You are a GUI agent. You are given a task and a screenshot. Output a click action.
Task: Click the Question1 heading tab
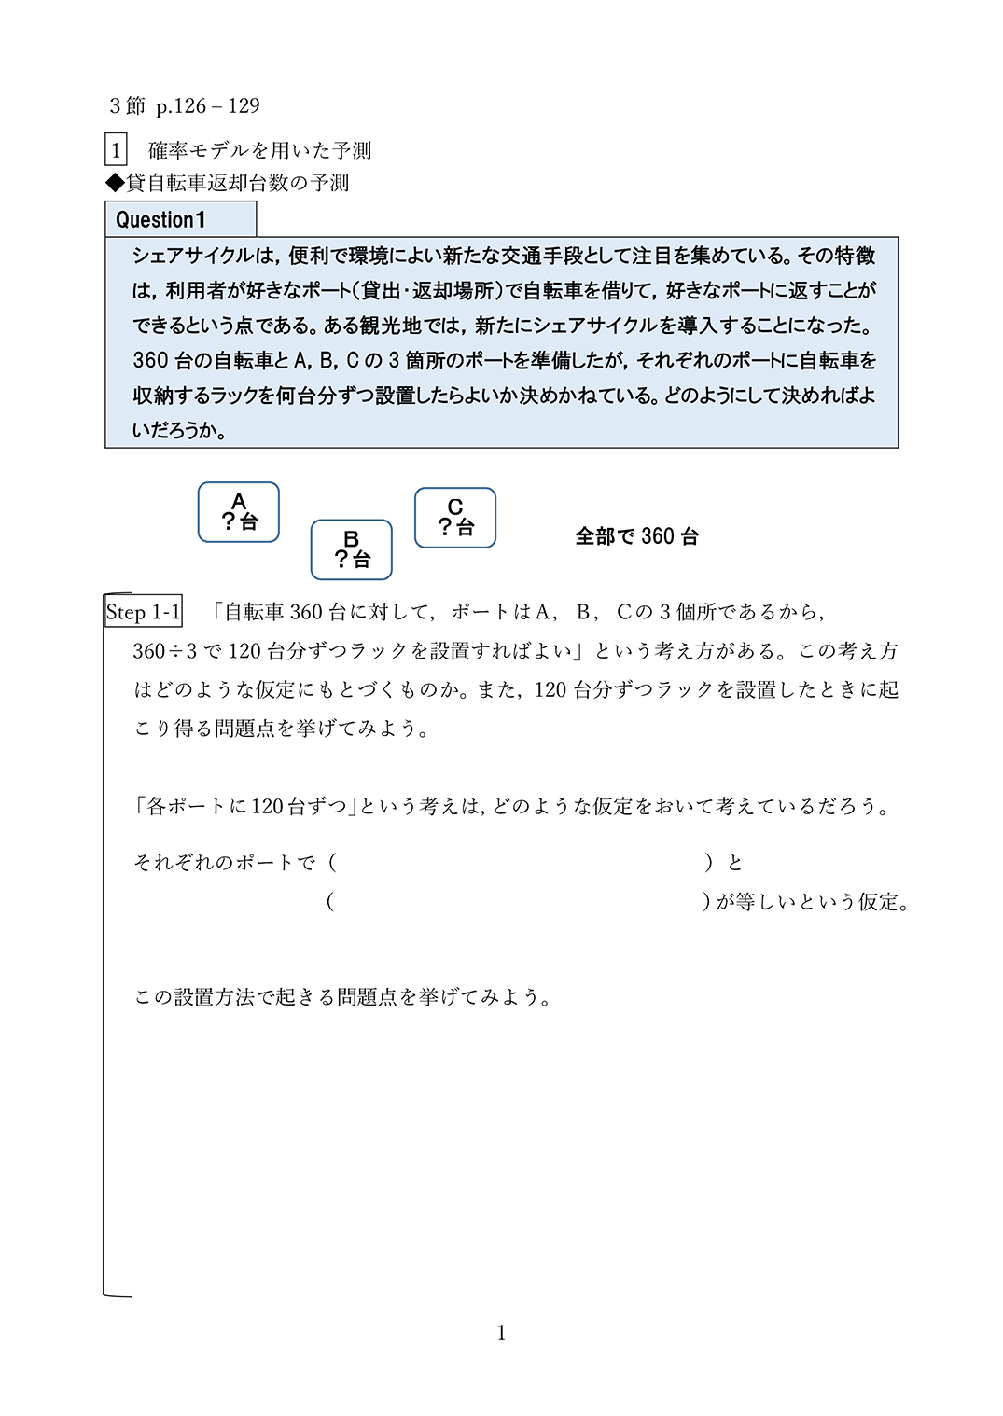pyautogui.click(x=180, y=220)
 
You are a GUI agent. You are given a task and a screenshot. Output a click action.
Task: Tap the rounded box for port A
pyautogui.click(x=239, y=512)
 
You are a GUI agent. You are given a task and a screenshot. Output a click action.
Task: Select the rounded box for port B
pyautogui.click(x=352, y=549)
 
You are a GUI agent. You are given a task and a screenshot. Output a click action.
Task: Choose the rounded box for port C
pyautogui.click(x=455, y=518)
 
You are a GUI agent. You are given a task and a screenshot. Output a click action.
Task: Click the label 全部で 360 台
pyautogui.click(x=637, y=536)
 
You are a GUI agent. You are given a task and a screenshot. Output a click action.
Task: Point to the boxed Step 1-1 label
pyautogui.click(x=144, y=612)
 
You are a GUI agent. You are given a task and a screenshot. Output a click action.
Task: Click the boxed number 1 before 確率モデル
pyautogui.click(x=116, y=150)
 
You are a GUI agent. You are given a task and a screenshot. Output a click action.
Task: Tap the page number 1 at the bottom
pyautogui.click(x=501, y=1332)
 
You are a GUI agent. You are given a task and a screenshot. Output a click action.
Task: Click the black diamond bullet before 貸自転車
pyautogui.click(x=115, y=183)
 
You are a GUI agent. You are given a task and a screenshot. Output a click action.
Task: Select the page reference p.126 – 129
pyautogui.click(x=208, y=106)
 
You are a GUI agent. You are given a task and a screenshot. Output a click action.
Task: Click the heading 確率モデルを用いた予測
pyautogui.click(x=259, y=150)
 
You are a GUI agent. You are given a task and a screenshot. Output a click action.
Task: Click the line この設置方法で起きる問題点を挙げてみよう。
pyautogui.click(x=343, y=997)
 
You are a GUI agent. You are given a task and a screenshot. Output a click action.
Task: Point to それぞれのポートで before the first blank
pyautogui.click(x=225, y=863)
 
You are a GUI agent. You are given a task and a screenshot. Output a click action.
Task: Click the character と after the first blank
pyautogui.click(x=735, y=863)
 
